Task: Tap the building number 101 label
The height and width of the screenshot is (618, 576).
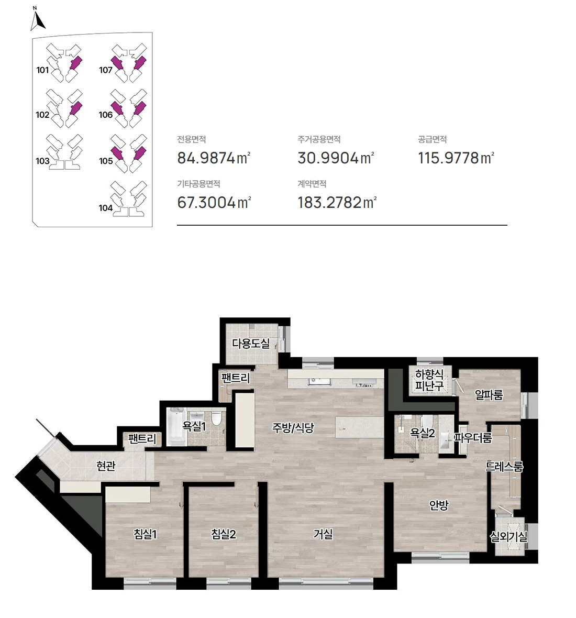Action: (x=42, y=70)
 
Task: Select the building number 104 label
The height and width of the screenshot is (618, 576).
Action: (x=106, y=208)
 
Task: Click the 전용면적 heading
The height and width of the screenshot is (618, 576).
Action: (x=192, y=139)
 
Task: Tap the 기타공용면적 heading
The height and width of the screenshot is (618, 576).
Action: (x=198, y=184)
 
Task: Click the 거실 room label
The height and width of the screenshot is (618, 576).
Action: (x=323, y=534)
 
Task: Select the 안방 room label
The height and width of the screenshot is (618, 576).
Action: (x=439, y=505)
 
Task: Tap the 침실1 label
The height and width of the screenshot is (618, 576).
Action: (x=146, y=534)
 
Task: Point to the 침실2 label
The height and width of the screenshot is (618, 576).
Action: (x=224, y=534)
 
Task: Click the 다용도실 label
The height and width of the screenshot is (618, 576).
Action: (x=251, y=343)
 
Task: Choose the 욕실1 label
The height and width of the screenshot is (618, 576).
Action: (x=194, y=426)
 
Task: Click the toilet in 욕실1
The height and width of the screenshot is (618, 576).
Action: (x=216, y=418)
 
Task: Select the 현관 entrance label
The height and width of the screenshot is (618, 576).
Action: (x=106, y=466)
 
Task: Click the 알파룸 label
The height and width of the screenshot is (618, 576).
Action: (x=489, y=394)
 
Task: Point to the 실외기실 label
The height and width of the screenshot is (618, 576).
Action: (x=508, y=536)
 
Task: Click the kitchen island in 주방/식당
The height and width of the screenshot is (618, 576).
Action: (x=359, y=427)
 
